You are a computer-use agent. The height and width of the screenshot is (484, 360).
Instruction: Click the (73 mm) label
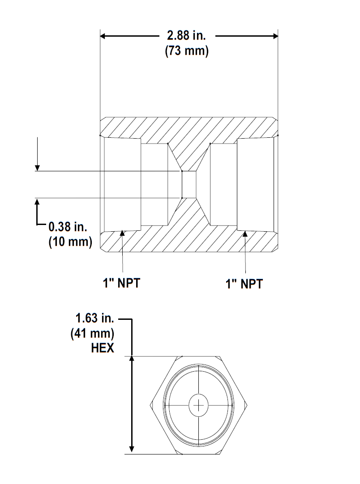click(x=187, y=51)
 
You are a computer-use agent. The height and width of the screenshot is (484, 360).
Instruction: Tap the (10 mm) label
click(x=70, y=242)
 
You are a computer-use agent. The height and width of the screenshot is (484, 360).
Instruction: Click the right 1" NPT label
click(x=244, y=284)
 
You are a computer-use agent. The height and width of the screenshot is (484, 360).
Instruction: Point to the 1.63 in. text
click(x=94, y=319)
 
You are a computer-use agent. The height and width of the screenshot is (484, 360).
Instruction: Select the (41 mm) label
click(x=92, y=333)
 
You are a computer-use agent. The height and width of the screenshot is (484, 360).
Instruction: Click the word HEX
click(x=103, y=348)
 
